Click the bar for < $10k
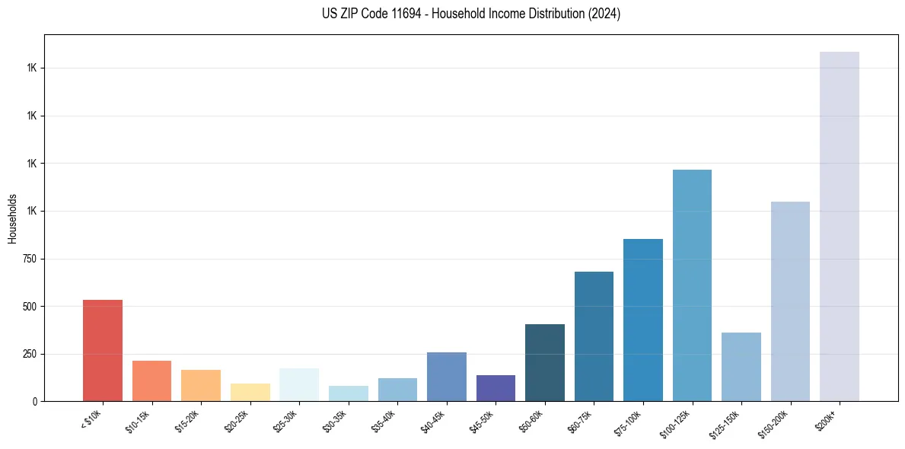tap(103, 350)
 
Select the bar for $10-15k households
tap(151, 381)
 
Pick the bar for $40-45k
tap(446, 377)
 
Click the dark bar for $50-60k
tap(544, 362)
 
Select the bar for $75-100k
tap(642, 320)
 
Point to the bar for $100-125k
tap(692, 285)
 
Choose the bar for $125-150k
tap(741, 367)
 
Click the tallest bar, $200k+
tap(839, 226)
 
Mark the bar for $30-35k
tap(348, 393)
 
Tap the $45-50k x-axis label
tap(482, 420)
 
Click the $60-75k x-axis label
tap(580, 420)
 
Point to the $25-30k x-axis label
tap(285, 420)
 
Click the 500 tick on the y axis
tap(30, 306)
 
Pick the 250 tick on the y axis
tap(30, 354)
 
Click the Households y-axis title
tap(13, 218)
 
